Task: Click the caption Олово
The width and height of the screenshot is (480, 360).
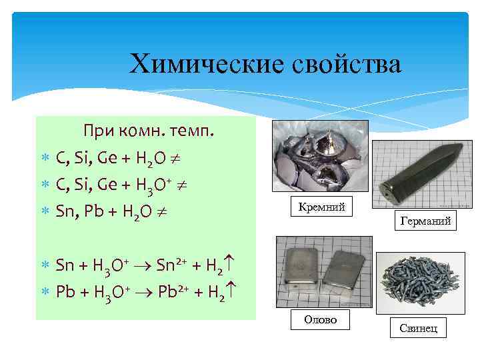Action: (x=320, y=321)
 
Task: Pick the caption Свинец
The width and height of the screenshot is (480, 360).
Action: (x=418, y=328)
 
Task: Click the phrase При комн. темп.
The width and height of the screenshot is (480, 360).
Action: (x=149, y=130)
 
